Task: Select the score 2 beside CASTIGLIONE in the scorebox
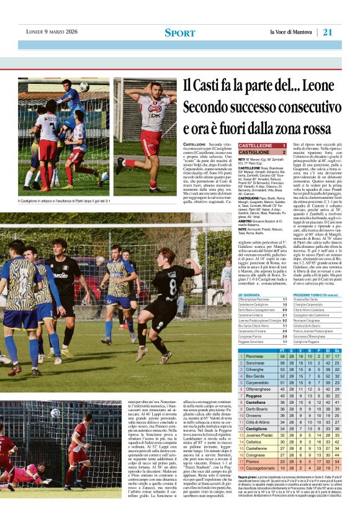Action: pyautogui.click(x=284, y=152)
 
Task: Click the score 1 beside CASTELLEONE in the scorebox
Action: pyautogui.click(x=284, y=145)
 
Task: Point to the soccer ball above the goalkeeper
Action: pyautogui.click(x=83, y=86)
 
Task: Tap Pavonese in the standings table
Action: pyautogui.click(x=256, y=356)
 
